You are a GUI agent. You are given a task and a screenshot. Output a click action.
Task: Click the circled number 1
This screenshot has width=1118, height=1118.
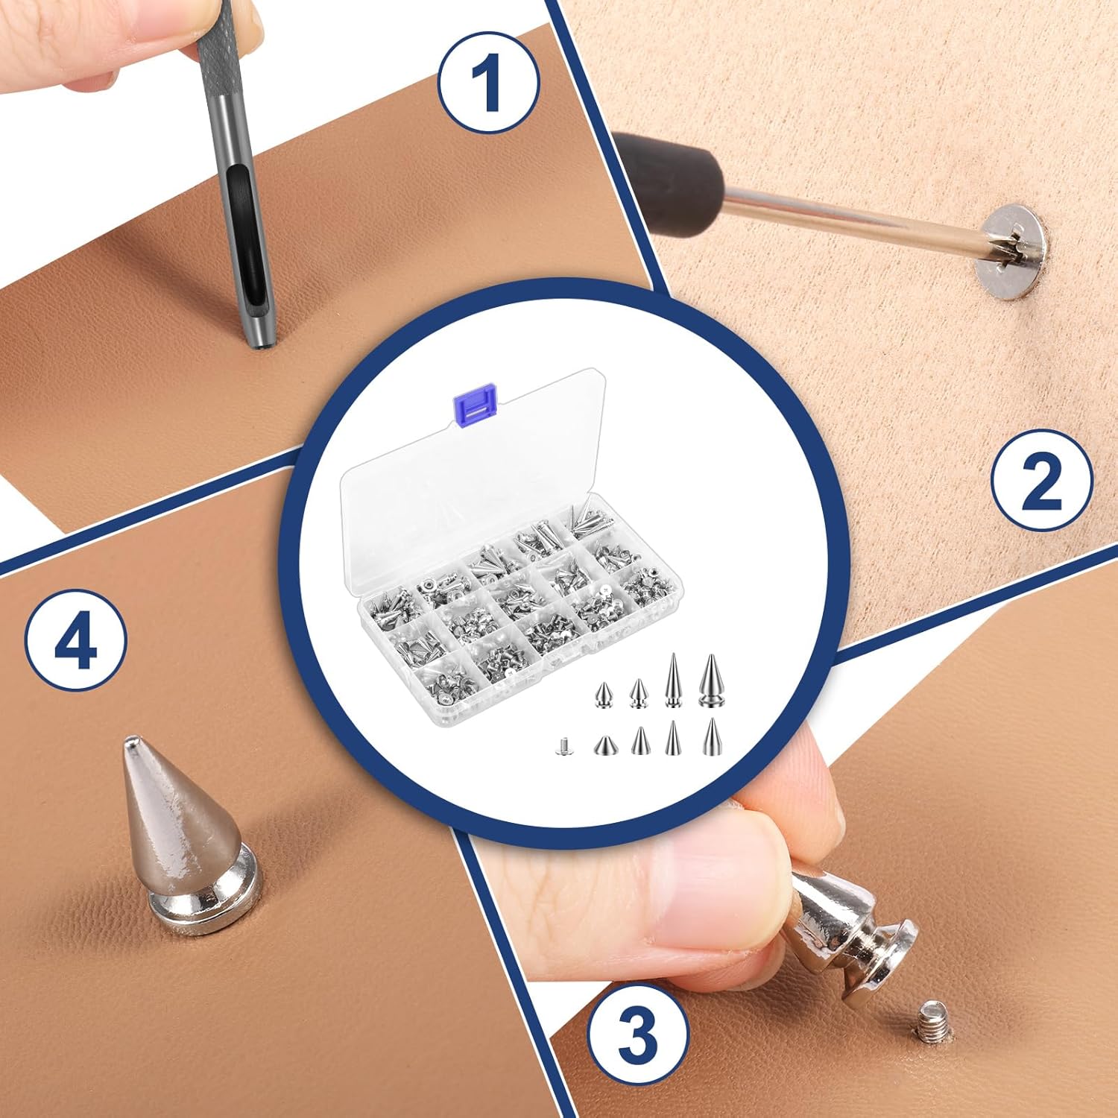[x=488, y=83]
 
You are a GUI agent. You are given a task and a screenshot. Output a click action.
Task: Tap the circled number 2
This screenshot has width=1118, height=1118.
[x=1041, y=481]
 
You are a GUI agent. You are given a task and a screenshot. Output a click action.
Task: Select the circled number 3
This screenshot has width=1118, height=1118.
[x=637, y=1032]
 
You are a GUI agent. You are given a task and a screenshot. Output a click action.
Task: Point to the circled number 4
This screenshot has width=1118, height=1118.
[x=75, y=639]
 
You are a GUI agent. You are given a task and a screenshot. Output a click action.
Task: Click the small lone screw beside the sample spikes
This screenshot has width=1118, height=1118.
[x=564, y=745]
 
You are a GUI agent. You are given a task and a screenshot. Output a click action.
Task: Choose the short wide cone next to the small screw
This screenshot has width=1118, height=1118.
[x=604, y=745]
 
